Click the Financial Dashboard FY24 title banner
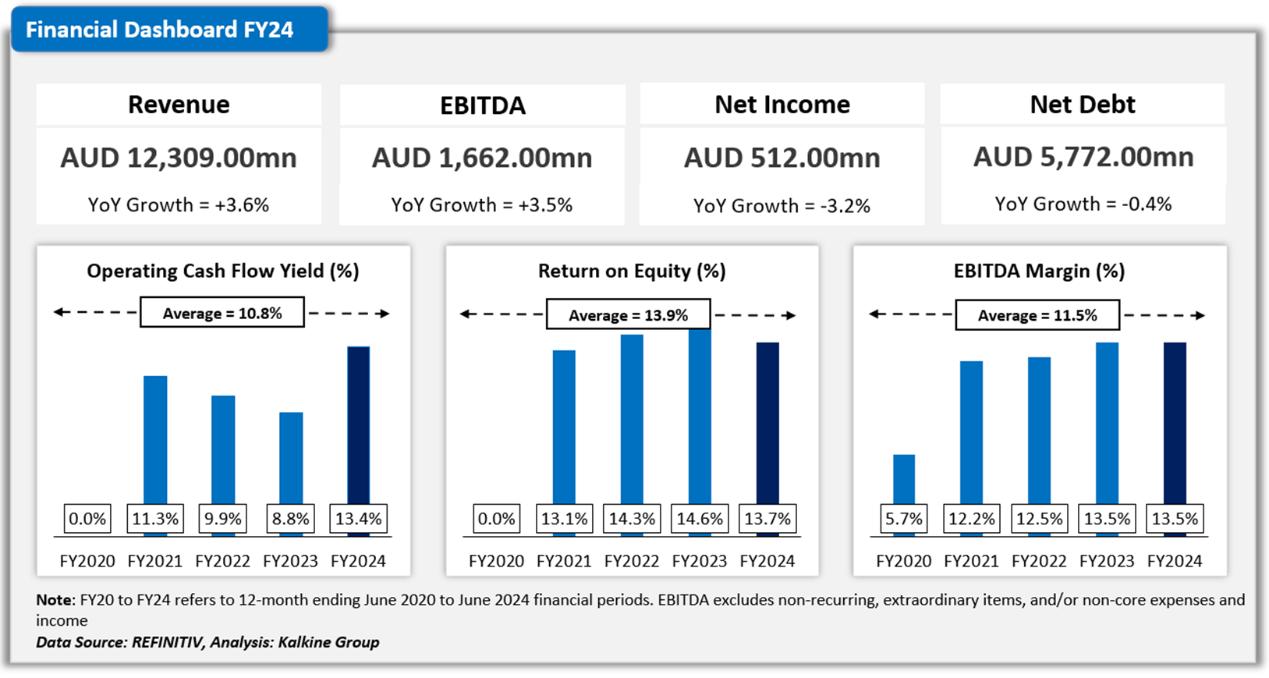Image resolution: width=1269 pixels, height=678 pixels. (160, 30)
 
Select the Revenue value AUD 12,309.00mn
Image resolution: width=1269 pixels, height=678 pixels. (179, 158)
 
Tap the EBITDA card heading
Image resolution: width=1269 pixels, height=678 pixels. (482, 105)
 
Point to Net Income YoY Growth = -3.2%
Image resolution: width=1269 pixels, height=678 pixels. (782, 206)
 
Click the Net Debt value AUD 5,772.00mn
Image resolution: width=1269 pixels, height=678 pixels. (1083, 158)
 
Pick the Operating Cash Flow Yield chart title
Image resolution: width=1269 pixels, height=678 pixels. (223, 271)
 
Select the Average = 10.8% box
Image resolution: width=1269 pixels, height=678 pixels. (222, 314)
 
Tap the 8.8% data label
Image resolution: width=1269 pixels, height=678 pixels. (290, 519)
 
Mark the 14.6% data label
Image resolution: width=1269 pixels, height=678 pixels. (700, 519)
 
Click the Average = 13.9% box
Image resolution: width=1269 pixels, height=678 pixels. (628, 315)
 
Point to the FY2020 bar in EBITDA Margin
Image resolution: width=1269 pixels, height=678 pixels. (904, 478)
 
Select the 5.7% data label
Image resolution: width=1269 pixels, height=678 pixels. (904, 519)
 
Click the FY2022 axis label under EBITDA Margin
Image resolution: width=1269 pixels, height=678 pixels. (1039, 561)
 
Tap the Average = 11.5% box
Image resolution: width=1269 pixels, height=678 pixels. (1037, 315)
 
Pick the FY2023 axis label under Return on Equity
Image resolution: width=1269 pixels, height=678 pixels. (700, 561)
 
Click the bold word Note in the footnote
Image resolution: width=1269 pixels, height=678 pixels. (54, 600)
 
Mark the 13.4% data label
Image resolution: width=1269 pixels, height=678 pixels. (358, 519)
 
